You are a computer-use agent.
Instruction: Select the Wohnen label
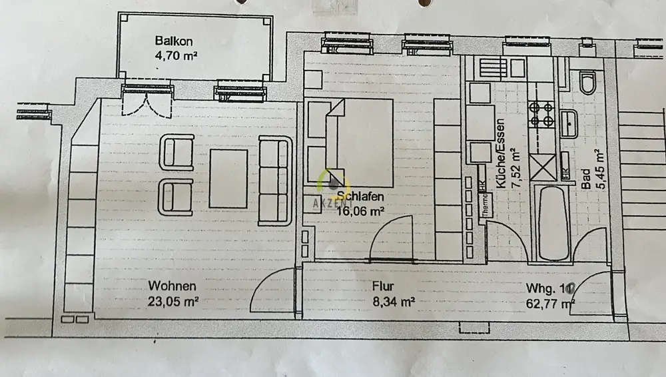coord(172,286)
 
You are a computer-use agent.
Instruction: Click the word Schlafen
coord(360,196)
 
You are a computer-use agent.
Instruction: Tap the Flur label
coord(384,287)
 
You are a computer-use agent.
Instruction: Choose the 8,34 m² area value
coord(394,301)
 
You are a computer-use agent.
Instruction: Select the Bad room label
coord(585,179)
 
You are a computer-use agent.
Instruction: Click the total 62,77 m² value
coord(550,304)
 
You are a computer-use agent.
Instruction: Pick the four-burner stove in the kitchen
coord(541,113)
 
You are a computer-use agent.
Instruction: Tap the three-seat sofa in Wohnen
coord(274,181)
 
